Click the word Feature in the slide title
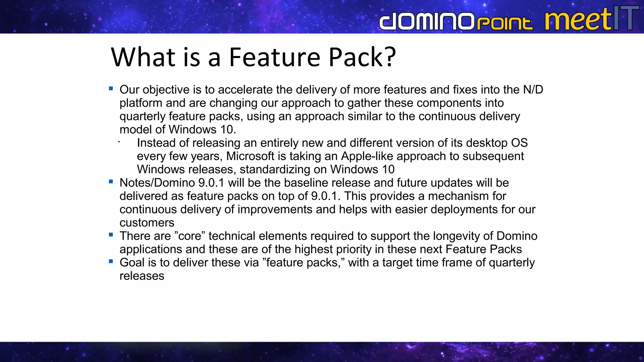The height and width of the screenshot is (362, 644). pyautogui.click(x=275, y=57)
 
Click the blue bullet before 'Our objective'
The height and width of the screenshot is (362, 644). pyautogui.click(x=111, y=89)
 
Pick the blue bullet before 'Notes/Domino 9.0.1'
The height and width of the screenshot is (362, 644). pyautogui.click(x=111, y=182)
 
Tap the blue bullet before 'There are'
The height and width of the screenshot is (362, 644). pyautogui.click(x=111, y=235)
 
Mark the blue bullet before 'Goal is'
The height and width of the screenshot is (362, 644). pyautogui.click(x=111, y=261)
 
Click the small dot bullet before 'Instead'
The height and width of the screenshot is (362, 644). pyautogui.click(x=119, y=142)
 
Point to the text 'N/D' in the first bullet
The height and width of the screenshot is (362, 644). pyautogui.click(x=533, y=90)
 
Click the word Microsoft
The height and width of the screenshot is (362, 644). pyautogui.click(x=250, y=156)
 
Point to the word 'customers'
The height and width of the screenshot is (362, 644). pyautogui.click(x=147, y=223)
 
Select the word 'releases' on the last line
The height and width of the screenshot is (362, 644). pyautogui.click(x=142, y=276)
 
